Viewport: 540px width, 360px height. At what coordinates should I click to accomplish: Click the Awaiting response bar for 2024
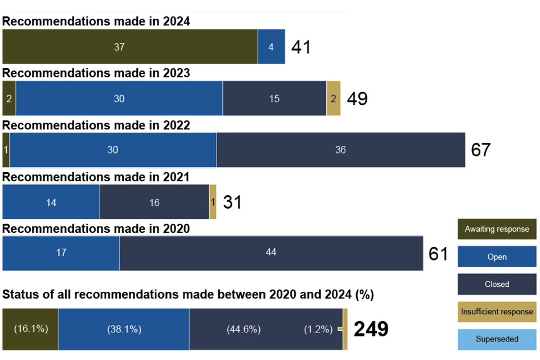130,47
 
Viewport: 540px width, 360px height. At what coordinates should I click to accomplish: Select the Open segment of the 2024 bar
271,47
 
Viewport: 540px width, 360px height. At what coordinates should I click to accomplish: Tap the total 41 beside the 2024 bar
301,47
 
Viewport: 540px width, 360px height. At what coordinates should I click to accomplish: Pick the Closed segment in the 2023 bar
274,98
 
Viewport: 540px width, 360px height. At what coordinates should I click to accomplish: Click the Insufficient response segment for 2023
334,98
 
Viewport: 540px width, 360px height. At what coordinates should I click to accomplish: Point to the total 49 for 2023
357,99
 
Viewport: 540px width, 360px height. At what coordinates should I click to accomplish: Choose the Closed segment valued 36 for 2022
341,150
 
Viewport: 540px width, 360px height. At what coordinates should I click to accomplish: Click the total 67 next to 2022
481,150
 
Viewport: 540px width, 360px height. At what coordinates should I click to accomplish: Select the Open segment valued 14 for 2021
51,202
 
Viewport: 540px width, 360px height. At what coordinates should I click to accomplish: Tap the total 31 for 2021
232,202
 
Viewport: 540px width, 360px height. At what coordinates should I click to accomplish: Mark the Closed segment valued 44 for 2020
271,253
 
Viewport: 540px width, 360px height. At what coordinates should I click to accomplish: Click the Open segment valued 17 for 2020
61,253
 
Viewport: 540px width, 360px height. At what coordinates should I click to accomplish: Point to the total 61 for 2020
438,254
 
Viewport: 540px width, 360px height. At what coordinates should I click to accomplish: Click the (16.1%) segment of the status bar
30,329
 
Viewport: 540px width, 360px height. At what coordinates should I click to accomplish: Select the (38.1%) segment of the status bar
124,329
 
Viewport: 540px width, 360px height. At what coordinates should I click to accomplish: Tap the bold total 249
371,330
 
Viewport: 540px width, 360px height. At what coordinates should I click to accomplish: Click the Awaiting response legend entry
497,229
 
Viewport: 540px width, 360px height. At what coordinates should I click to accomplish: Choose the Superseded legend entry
497,339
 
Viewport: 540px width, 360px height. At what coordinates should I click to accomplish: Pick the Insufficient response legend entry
497,312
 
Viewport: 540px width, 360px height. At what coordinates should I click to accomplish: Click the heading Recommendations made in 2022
96,125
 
